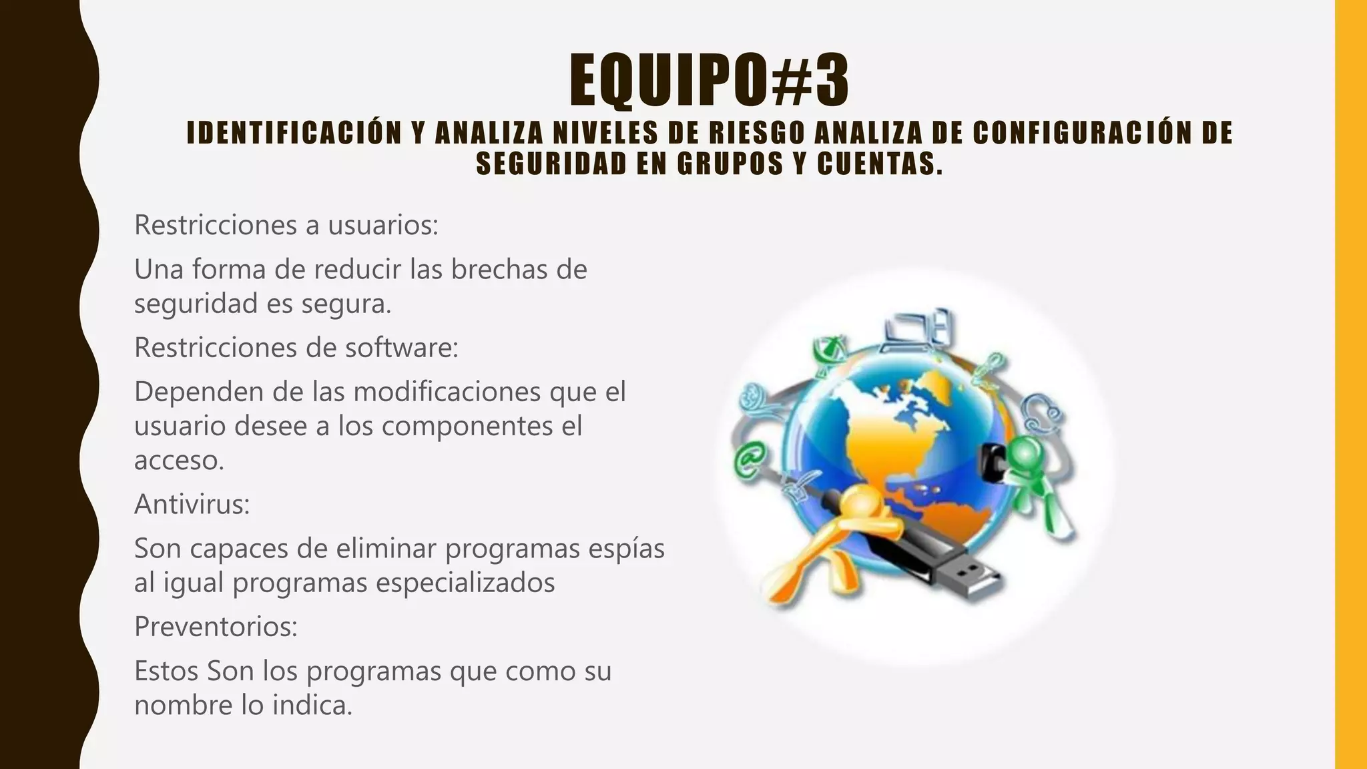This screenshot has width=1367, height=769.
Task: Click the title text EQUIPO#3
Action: [x=709, y=81]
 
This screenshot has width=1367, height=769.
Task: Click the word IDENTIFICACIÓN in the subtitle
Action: [x=292, y=133]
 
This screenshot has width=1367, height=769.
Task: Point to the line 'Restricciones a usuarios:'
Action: [x=286, y=225]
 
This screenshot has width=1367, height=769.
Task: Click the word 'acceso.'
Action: [x=179, y=460]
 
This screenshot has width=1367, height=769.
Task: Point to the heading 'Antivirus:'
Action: [x=192, y=504]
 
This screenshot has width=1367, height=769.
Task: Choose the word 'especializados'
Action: [x=465, y=582]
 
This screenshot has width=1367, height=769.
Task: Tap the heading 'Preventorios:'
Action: [x=216, y=626]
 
